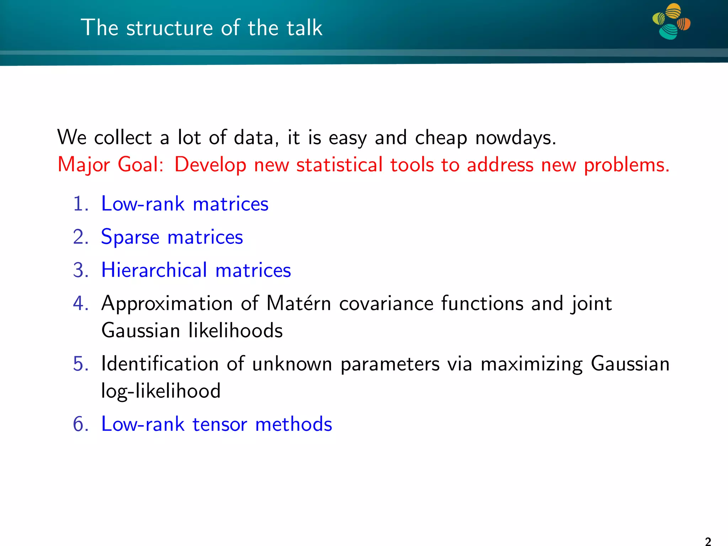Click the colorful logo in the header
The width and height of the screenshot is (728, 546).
(671, 21)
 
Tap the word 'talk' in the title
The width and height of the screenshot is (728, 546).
(305, 28)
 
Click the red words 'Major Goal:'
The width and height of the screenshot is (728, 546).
(111, 165)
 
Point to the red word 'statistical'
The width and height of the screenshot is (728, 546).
(339, 165)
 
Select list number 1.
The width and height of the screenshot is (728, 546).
(81, 204)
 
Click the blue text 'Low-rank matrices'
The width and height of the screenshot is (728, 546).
(185, 204)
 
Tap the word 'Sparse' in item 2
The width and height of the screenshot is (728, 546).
(130, 237)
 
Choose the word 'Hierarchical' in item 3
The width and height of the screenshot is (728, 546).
(154, 270)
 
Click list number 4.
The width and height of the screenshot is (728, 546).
(81, 304)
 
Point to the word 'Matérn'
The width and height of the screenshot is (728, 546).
(299, 304)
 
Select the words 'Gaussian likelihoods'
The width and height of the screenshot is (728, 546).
(192, 331)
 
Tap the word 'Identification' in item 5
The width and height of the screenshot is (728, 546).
(160, 364)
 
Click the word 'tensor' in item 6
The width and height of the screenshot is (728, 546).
(220, 424)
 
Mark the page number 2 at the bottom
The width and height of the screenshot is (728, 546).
(708, 541)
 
